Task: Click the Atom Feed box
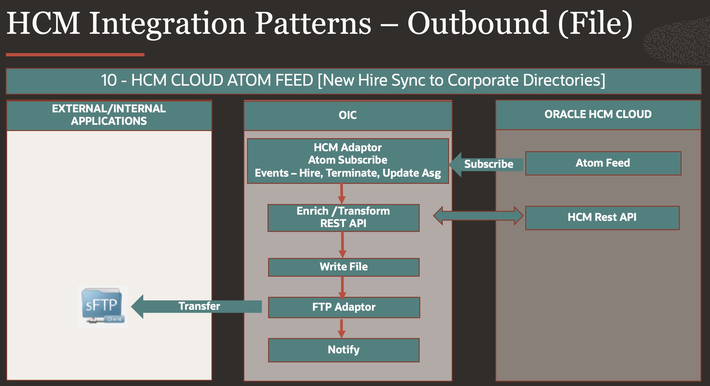pos(603,163)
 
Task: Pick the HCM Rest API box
pos(602,218)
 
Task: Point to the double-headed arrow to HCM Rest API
pos(478,216)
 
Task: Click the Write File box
pos(344,267)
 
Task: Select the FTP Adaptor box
pos(344,307)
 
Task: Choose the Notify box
pos(344,350)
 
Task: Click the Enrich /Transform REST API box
pos(343,218)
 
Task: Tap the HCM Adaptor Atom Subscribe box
pos(348,161)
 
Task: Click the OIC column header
pos(348,115)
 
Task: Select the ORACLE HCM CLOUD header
pos(598,114)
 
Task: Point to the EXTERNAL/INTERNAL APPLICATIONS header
pos(109,115)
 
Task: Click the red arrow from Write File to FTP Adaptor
pos(342,287)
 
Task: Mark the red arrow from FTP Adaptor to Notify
pos(342,328)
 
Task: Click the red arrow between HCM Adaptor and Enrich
pos(342,194)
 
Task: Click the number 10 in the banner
pos(109,80)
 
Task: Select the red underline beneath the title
pos(75,55)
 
